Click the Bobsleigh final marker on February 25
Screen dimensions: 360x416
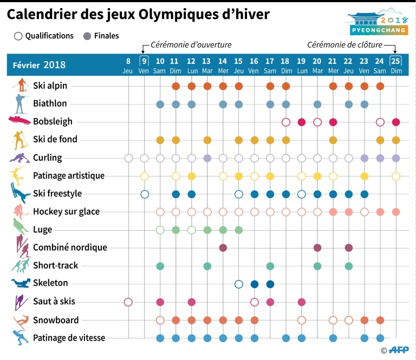tap(396, 122)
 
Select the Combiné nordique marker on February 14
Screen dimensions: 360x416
tap(223, 248)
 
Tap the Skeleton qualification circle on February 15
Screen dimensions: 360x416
tap(238, 284)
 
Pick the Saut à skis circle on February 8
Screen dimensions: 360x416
tap(128, 302)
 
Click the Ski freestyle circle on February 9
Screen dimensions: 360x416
tap(145, 194)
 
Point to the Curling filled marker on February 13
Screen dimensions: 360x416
tap(207, 158)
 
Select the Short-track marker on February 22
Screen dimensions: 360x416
tap(349, 266)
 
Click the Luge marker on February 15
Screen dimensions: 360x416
tap(238, 230)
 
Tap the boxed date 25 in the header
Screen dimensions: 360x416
tap(396, 60)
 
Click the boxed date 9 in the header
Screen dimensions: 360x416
tap(144, 60)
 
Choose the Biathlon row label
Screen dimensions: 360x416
tap(50, 103)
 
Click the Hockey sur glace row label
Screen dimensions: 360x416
tap(66, 212)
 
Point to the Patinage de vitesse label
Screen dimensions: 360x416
tap(69, 338)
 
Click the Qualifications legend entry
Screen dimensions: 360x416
tap(44, 36)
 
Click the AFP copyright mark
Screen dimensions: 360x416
tap(396, 351)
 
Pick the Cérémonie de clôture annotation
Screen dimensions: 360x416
tap(344, 44)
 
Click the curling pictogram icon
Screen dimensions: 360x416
tap(19, 158)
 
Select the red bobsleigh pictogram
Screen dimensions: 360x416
tap(19, 121)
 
